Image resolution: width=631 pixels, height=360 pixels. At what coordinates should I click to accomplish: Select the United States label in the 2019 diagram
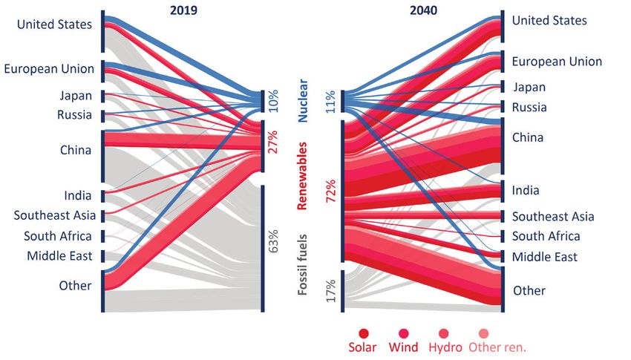point(54,24)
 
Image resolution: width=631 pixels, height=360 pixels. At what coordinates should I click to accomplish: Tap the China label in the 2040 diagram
point(527,137)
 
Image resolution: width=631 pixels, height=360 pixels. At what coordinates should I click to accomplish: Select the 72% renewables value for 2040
point(331,191)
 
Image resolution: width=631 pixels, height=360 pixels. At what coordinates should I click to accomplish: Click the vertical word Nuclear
point(303,102)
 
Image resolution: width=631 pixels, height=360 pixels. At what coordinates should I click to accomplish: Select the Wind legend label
point(403,347)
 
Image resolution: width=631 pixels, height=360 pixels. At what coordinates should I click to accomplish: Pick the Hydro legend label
point(444,347)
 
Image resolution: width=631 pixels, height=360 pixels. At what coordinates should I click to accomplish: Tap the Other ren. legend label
point(495,347)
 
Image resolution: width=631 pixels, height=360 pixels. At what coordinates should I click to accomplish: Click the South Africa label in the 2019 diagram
point(58,236)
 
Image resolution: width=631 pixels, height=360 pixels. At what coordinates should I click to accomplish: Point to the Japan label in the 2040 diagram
point(529,87)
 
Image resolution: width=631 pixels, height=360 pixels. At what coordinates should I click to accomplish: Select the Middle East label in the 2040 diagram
point(546,257)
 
